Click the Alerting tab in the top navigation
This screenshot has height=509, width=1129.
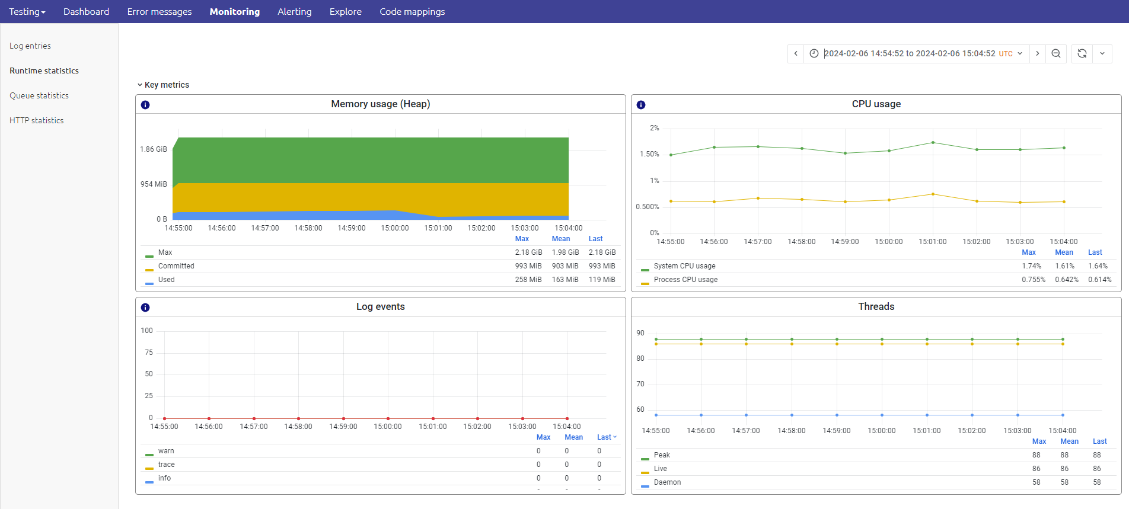tap(294, 12)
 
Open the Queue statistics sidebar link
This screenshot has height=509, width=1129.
tap(39, 95)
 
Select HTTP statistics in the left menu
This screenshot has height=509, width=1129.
tap(37, 120)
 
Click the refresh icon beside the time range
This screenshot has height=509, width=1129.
tap(1082, 53)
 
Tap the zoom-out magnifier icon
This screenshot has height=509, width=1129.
tap(1056, 53)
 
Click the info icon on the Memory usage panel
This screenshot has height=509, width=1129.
tap(145, 105)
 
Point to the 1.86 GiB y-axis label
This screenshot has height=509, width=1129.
tap(154, 149)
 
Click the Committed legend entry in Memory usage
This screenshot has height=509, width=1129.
tap(176, 266)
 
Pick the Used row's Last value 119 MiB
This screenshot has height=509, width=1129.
tap(602, 280)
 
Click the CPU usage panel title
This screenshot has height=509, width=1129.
tap(876, 104)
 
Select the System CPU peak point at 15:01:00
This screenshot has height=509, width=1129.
tap(933, 143)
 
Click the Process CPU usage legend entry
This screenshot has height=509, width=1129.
tap(685, 280)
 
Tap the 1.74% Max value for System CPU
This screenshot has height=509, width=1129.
tap(1031, 266)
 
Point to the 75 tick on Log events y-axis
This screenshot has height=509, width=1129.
tap(149, 353)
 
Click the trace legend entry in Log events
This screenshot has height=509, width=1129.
tap(166, 465)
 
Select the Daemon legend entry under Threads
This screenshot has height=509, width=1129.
tap(667, 482)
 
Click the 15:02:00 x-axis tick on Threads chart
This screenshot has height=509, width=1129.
tap(972, 431)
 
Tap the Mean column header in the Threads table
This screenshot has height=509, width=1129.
tap(1069, 441)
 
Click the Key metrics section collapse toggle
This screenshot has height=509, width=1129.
tap(140, 85)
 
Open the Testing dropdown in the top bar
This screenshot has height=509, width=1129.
tap(27, 12)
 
